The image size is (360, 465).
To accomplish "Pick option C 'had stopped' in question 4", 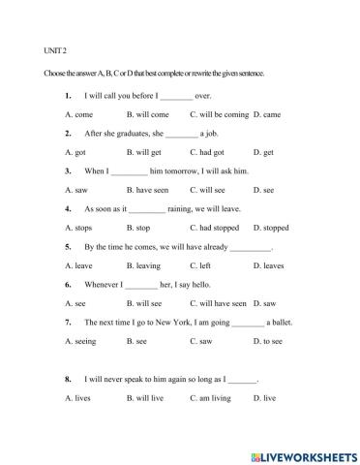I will (x=215, y=228).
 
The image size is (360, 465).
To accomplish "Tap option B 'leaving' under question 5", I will (x=148, y=264).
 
